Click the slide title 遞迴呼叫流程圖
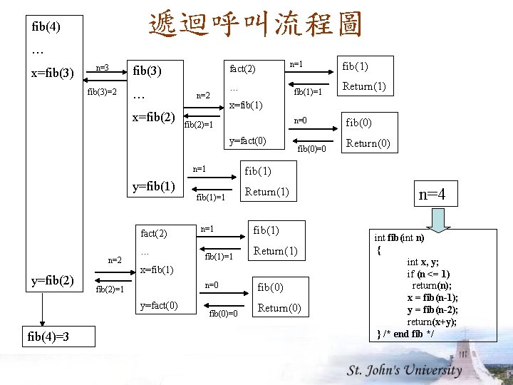click(255, 24)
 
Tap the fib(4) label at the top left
click(46, 27)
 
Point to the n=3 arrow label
click(102, 68)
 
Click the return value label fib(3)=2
click(102, 92)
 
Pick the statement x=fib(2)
click(154, 117)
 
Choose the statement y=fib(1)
click(154, 187)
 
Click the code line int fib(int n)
click(399, 238)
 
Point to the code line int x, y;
click(423, 262)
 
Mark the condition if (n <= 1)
click(428, 274)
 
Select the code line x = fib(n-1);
click(432, 298)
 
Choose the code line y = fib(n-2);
click(432, 309)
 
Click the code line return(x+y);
click(432, 322)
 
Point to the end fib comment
click(409, 334)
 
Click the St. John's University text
click(405, 370)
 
